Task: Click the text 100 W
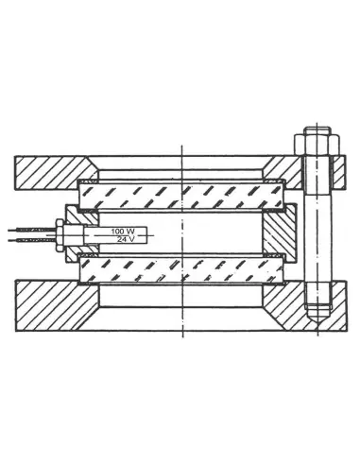click(x=123, y=230)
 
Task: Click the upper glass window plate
click(x=180, y=195)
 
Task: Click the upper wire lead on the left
click(x=28, y=228)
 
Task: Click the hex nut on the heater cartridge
click(x=62, y=233)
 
